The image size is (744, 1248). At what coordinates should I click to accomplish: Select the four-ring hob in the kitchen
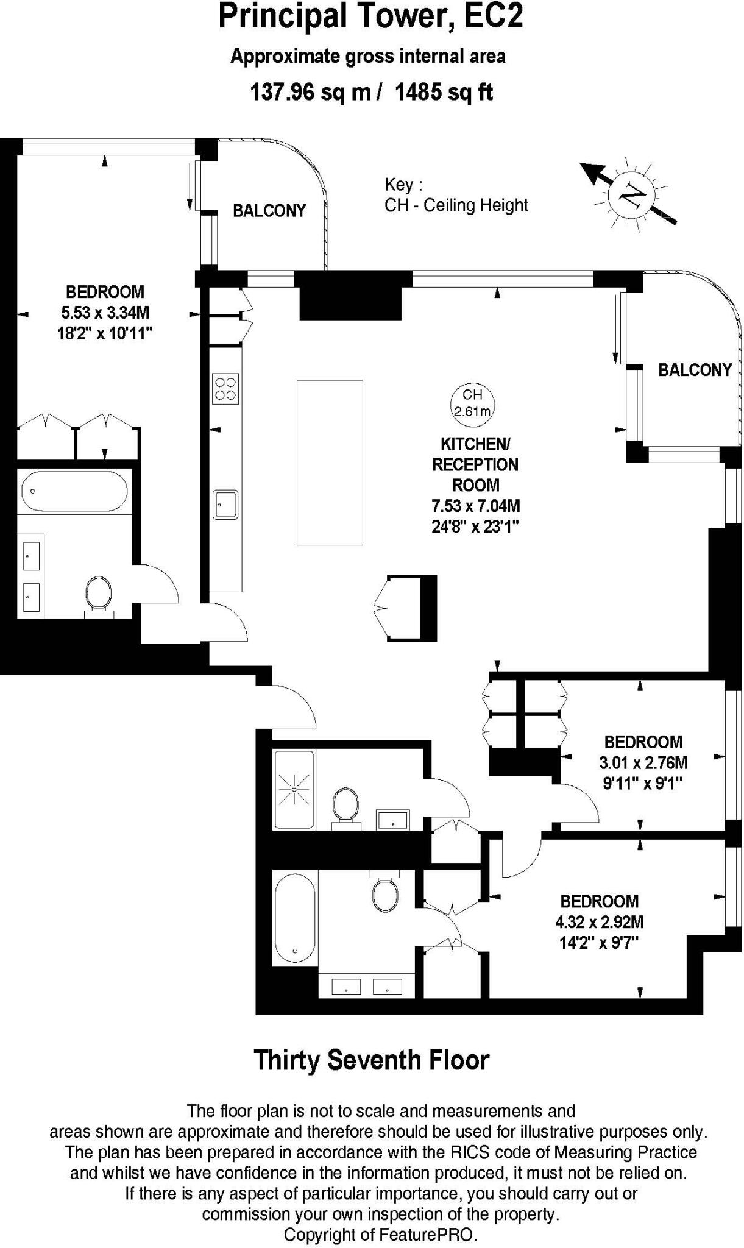click(225, 389)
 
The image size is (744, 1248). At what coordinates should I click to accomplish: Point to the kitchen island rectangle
click(330, 462)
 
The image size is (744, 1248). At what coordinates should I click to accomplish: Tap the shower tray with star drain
click(294, 790)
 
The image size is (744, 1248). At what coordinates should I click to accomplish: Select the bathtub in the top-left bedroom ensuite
click(74, 491)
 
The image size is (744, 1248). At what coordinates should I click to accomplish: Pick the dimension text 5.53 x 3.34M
click(105, 313)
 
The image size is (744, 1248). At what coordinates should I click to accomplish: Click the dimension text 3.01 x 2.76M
click(643, 762)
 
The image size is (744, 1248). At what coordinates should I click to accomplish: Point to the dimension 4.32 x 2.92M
click(599, 922)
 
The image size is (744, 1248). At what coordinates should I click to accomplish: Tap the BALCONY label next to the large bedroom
click(269, 211)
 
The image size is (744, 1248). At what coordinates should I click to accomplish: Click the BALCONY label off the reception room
click(695, 370)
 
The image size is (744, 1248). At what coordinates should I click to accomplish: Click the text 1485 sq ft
click(444, 92)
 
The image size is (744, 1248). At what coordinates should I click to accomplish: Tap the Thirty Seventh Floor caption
click(371, 1060)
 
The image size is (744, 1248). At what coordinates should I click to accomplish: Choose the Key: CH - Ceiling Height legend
click(456, 194)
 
